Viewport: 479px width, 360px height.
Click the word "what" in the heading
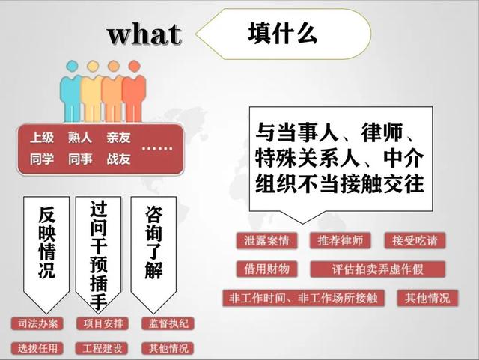(144, 34)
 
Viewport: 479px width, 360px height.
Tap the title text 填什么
(283, 34)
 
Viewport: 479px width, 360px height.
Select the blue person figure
(71, 91)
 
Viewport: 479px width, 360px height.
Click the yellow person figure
(91, 91)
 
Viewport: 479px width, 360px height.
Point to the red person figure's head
(134, 67)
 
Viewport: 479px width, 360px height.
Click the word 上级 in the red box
(42, 137)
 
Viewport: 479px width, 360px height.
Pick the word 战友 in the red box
(118, 159)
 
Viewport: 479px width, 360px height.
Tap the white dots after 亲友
(157, 149)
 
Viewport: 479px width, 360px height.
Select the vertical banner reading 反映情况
(46, 254)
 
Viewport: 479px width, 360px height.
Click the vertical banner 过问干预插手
(98, 254)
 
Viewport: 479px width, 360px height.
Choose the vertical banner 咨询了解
(153, 254)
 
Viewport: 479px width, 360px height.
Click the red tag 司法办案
(37, 323)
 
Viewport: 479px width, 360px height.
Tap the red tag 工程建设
(102, 348)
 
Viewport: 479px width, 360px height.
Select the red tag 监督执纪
(168, 323)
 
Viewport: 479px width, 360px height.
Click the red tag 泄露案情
(266, 240)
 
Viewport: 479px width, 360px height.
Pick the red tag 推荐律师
(341, 240)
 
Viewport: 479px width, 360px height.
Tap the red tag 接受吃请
(415, 240)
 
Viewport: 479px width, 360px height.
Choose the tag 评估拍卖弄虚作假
(377, 269)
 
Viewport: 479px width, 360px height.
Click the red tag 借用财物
(266, 269)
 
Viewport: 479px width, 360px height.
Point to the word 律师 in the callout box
(382, 132)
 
